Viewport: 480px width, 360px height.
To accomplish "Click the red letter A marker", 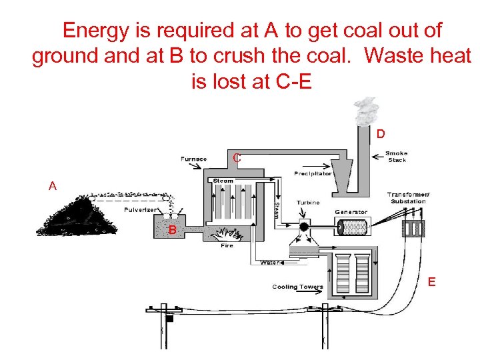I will [x=53, y=187].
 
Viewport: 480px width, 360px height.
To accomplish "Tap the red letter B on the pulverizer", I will [x=172, y=230].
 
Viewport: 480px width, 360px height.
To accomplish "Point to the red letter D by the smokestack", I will [x=380, y=134].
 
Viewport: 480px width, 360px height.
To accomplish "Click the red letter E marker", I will [x=431, y=282].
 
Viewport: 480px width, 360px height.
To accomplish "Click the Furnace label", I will [x=193, y=159].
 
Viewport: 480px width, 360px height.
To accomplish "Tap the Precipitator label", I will [x=313, y=174].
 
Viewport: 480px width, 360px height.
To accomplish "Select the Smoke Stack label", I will [x=396, y=157].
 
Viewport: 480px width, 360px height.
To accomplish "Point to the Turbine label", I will [x=308, y=203].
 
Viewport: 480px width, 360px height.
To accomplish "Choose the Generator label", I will [x=351, y=212].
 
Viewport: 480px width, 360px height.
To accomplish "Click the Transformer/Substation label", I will [x=408, y=197].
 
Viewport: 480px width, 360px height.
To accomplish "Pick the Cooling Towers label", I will [x=297, y=287].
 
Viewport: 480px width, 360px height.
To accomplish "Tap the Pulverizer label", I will [x=141, y=209].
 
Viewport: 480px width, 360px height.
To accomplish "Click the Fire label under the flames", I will [x=227, y=245].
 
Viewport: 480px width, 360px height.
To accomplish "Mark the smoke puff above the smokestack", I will [x=366, y=112].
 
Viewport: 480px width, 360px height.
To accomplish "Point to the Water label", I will [x=269, y=262].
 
